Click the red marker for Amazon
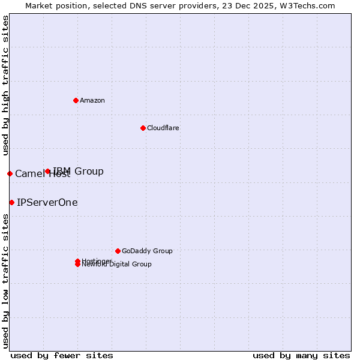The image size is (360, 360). [76, 100]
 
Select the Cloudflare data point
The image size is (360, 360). [143, 128]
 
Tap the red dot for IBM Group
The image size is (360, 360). [48, 172]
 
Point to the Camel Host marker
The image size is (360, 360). [10, 173]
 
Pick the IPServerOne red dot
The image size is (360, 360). [11, 202]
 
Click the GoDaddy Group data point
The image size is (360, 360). [118, 251]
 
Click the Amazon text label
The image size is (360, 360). [92, 100]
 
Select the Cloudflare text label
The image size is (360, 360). [163, 128]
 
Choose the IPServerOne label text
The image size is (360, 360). [47, 202]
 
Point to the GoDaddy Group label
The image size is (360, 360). [147, 251]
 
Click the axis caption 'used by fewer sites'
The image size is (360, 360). [62, 355]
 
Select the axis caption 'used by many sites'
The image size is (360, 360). [301, 355]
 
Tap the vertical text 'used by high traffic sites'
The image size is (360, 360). [5, 85]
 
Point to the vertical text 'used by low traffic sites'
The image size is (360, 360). [5, 281]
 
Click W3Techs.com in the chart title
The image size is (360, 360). [306, 5]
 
